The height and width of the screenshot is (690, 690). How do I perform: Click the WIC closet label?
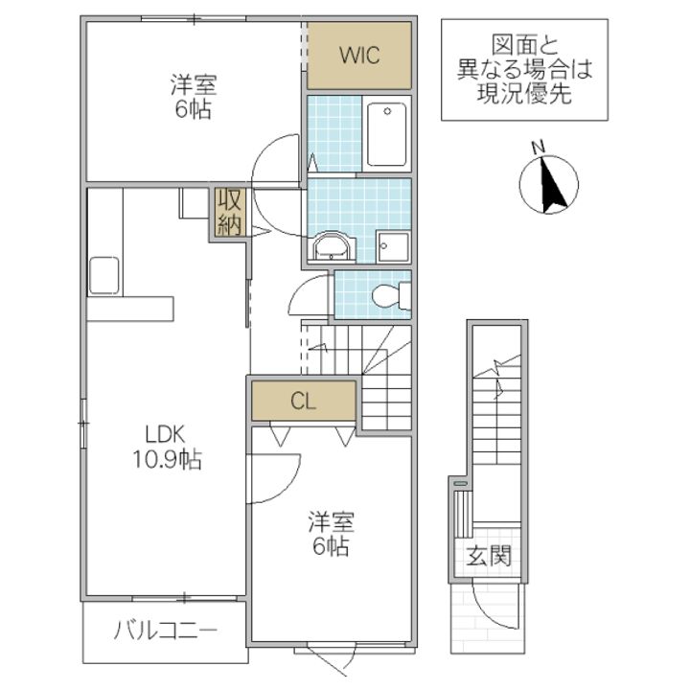pyautogui.click(x=359, y=56)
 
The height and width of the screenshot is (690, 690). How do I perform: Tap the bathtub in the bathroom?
pyautogui.click(x=387, y=134)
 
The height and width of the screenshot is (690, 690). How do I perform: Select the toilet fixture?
pyautogui.click(x=391, y=295)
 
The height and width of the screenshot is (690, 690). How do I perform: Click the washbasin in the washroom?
pyautogui.click(x=332, y=247)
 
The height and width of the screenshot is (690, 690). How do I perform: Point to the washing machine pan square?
pyautogui.click(x=393, y=246)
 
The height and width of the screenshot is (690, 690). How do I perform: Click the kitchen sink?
pyautogui.click(x=104, y=275)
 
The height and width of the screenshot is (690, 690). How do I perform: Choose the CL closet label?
pyautogui.click(x=303, y=401)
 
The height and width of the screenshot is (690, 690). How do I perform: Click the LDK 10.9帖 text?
pyautogui.click(x=167, y=448)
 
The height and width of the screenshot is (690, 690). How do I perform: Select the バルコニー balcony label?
pyautogui.click(x=166, y=632)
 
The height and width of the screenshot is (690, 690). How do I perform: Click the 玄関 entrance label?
pyautogui.click(x=489, y=555)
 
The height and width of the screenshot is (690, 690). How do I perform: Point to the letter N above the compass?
pyautogui.click(x=539, y=148)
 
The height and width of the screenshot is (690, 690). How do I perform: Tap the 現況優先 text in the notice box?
pyautogui.click(x=524, y=93)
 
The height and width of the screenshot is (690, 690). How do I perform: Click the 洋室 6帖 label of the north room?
pyautogui.click(x=194, y=97)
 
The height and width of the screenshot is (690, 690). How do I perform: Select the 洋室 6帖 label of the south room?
pyautogui.click(x=331, y=534)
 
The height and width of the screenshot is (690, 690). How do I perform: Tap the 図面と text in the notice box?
pyautogui.click(x=524, y=45)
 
